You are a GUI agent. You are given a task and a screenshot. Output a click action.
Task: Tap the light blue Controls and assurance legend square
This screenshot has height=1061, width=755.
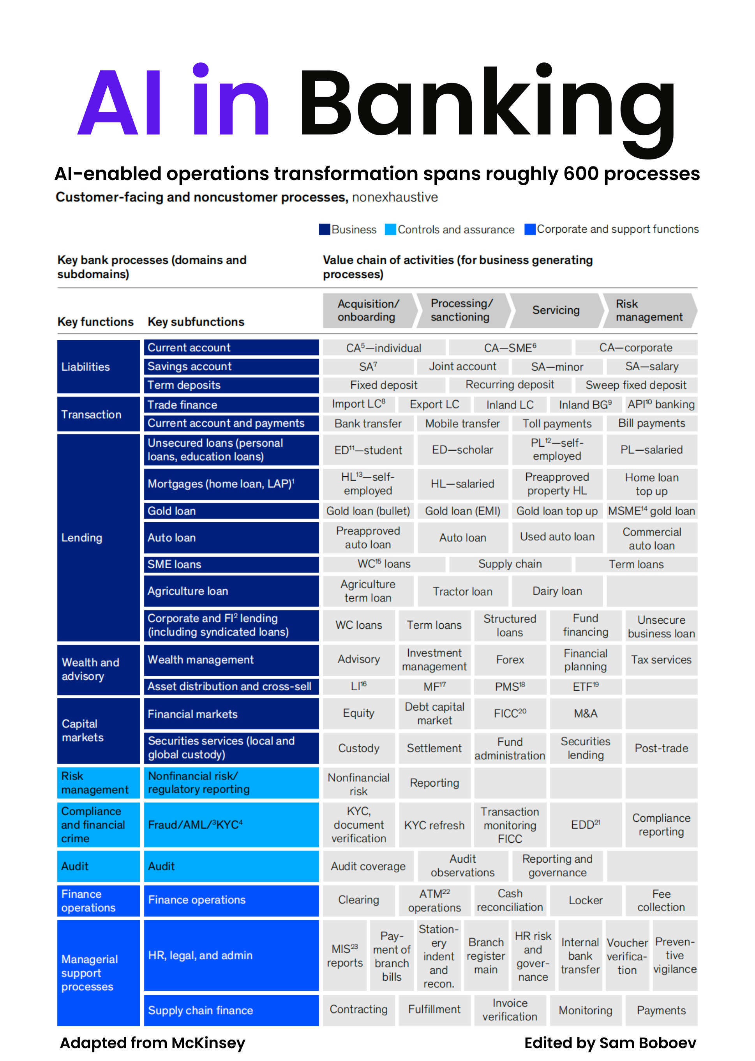(390, 229)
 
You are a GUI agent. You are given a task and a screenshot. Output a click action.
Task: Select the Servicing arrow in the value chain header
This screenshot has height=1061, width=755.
(556, 310)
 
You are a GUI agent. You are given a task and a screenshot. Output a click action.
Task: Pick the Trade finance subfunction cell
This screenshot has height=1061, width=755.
(231, 405)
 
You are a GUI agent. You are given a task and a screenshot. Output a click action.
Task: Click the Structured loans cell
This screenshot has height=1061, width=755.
(510, 625)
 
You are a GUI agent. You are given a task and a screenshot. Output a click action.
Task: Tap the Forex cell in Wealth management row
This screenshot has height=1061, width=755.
(510, 660)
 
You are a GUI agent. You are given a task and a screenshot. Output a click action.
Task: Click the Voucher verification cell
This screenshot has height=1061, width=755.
(627, 955)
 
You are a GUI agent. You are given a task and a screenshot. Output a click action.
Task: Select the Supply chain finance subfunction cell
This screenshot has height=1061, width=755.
(231, 1010)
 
